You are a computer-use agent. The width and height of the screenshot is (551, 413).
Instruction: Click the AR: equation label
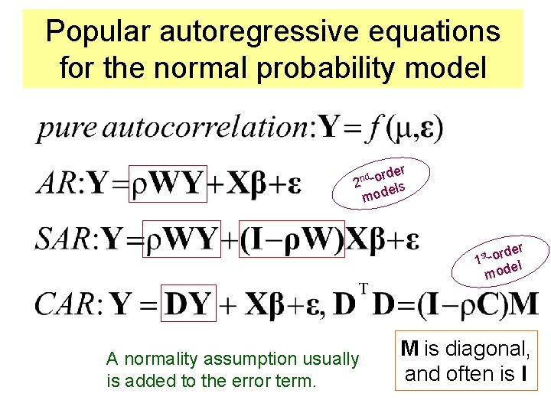coord(59,184)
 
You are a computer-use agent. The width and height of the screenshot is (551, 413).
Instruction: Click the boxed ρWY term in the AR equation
coord(167,184)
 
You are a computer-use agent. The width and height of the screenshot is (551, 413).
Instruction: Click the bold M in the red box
coord(409,350)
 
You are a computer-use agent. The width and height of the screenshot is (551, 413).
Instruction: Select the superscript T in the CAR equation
coord(364,288)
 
